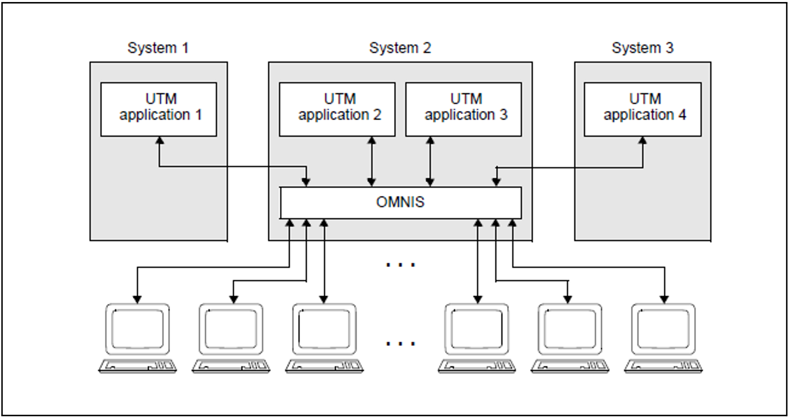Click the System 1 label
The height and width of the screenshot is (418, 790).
[158, 48]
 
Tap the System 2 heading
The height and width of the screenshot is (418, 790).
[400, 48]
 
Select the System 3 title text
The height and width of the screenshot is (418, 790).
[642, 48]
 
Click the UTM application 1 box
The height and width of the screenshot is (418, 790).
[159, 109]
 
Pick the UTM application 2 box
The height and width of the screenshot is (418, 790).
[337, 109]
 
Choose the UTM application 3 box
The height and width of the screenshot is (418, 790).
[464, 109]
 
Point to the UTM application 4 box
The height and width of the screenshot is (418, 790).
[643, 109]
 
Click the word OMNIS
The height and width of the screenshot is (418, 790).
[400, 202]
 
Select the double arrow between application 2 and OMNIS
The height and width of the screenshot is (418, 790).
[371, 162]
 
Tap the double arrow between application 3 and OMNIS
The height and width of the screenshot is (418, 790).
[430, 162]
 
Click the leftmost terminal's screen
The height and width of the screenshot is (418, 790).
[138, 329]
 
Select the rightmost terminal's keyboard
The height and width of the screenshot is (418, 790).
[663, 366]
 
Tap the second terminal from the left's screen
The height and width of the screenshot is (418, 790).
[231, 329]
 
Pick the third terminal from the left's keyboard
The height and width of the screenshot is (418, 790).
[324, 366]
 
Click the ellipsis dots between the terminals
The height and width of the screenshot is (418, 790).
[400, 344]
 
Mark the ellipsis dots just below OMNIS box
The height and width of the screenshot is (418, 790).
[400, 265]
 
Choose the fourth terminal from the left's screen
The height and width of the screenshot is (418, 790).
[477, 329]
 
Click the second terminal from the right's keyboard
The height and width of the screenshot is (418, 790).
[570, 366]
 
